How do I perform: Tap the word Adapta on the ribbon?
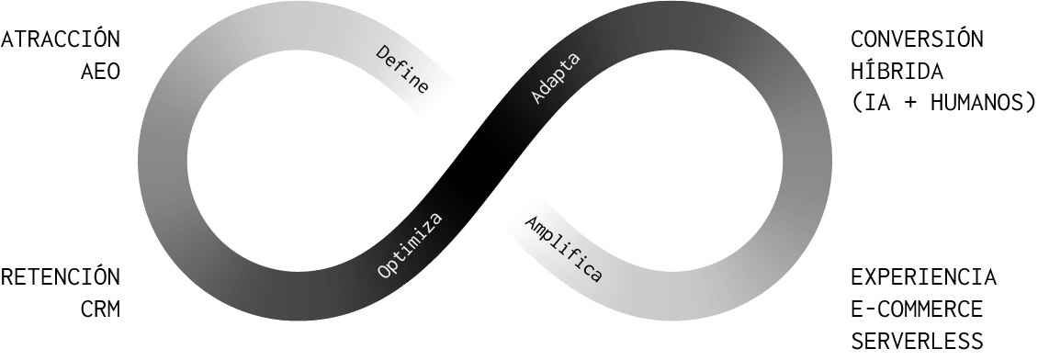tap(556, 82)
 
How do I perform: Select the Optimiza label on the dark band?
tap(410, 245)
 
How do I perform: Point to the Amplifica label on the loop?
tap(563, 248)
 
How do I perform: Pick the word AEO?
tap(101, 73)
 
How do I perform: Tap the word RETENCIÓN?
tap(61, 276)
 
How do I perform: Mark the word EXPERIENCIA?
tap(923, 276)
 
